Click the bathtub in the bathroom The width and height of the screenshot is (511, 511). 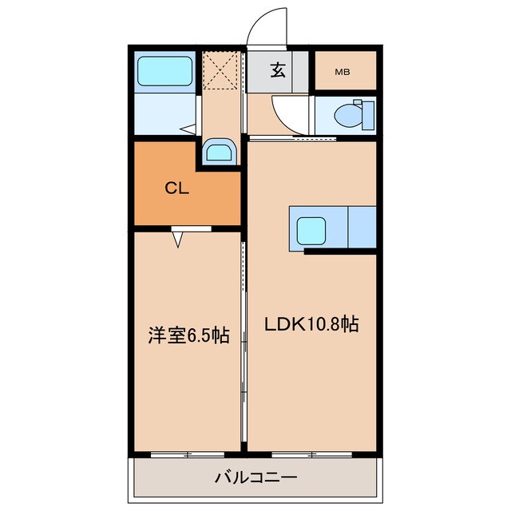tap(165, 71)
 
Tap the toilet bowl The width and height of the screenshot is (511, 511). tap(348, 115)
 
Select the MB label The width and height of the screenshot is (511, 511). tap(343, 72)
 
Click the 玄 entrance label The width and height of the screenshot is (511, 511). tap(277, 71)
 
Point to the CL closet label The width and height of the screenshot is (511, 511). tap(176, 188)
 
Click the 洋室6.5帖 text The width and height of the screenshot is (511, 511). tap(188, 335)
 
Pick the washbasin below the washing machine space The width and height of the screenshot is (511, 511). tap(218, 151)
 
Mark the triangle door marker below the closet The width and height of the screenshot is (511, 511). tap(178, 237)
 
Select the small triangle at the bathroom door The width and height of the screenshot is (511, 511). tap(188, 128)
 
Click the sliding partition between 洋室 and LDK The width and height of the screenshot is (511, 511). tap(243, 343)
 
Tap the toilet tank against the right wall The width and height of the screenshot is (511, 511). tap(367, 114)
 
